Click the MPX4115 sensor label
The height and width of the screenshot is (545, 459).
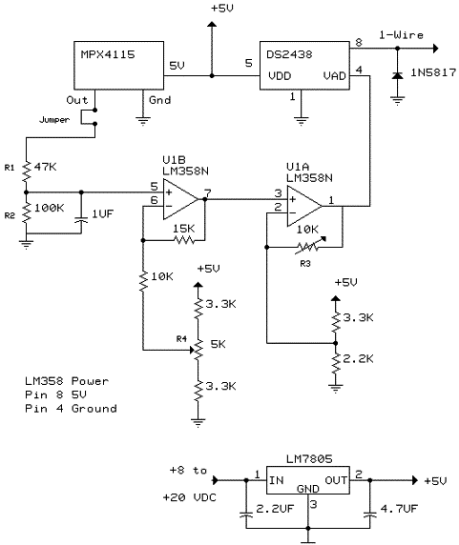click(108, 54)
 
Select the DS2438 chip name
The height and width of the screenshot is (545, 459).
click(289, 54)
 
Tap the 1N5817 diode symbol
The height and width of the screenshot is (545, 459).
click(397, 75)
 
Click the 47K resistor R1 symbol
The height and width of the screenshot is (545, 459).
click(27, 171)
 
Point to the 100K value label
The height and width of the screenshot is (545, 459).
click(49, 208)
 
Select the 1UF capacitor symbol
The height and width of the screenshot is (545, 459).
click(81, 220)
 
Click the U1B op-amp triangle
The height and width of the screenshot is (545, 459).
click(180, 199)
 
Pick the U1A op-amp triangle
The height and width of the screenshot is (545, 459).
click(304, 206)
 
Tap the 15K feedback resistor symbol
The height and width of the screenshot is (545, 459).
click(184, 240)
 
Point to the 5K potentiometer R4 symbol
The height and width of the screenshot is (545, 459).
click(198, 350)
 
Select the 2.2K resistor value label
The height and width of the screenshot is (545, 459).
click(358, 358)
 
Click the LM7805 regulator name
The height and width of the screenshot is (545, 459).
click(309, 459)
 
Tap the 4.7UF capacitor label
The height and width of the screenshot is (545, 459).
click(399, 509)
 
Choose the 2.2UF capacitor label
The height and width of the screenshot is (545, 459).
click(275, 509)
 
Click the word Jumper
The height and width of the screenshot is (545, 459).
click(54, 120)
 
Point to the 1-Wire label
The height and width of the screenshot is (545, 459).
click(401, 35)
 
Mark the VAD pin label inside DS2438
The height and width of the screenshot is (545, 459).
click(334, 76)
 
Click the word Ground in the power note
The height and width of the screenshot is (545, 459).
click(94, 409)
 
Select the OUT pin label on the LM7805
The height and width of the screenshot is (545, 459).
click(336, 480)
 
